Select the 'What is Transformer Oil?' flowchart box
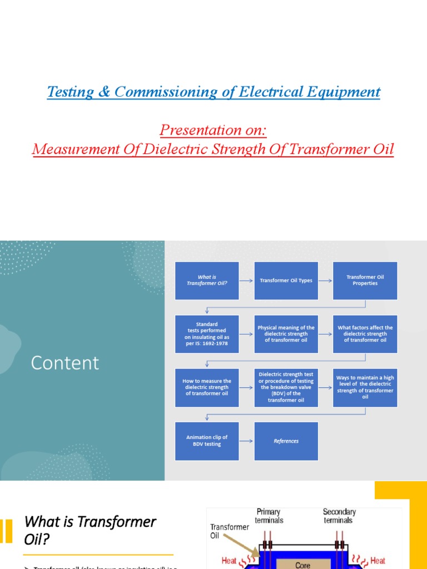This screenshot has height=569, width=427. click(207, 280)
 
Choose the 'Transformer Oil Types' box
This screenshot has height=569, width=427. click(286, 281)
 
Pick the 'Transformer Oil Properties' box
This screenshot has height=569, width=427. click(365, 280)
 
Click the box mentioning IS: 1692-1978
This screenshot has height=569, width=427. click(207, 334)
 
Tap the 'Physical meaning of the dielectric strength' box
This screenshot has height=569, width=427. click(286, 334)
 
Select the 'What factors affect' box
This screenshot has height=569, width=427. click(365, 334)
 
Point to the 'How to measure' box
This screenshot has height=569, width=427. click(207, 387)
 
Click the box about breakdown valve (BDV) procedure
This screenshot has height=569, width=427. click(286, 387)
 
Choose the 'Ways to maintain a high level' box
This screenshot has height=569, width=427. click(365, 387)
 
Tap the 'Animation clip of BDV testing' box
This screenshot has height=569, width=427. click(207, 441)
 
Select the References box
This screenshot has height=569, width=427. click(286, 441)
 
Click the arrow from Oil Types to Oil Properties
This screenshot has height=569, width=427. click(325, 281)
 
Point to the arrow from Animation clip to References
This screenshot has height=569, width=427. click(246, 441)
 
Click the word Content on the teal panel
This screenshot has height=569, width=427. click(65, 363)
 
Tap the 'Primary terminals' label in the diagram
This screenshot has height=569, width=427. click(269, 516)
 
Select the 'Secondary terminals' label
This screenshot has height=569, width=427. click(338, 516)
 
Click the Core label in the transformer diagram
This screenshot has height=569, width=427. click(302, 565)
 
